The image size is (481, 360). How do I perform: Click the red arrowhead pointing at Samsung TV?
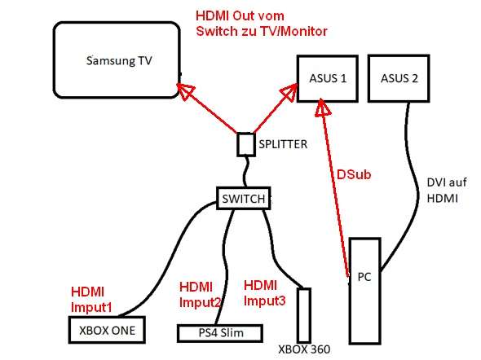click(185, 90)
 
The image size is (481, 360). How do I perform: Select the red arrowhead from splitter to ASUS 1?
click(289, 91)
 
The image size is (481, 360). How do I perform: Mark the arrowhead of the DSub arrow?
click(323, 108)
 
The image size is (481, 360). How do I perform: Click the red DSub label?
click(354, 174)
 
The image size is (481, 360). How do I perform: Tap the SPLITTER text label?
click(283, 144)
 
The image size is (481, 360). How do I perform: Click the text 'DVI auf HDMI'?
click(447, 191)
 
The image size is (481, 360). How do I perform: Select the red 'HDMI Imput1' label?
click(91, 300)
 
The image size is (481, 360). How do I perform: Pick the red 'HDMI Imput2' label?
click(200, 295)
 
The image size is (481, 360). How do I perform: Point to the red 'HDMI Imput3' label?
click(264, 293)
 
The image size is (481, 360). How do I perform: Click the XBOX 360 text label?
click(304, 349)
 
